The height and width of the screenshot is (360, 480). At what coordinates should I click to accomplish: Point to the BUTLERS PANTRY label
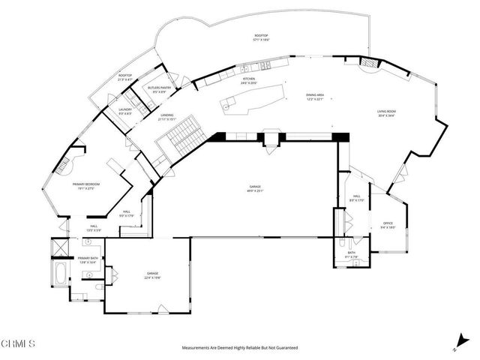[x=160, y=88]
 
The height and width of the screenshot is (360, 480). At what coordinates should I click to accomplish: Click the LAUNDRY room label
[x=125, y=109]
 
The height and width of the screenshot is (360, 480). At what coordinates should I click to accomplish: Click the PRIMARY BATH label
[x=88, y=258]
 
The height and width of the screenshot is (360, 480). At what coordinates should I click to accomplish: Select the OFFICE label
[x=388, y=223]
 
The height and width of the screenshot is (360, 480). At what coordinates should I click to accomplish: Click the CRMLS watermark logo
[x=18, y=344]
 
